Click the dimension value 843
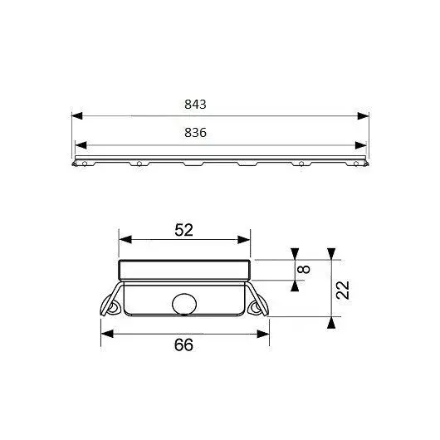pyautogui.click(x=195, y=105)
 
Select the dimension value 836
pyautogui.click(x=195, y=133)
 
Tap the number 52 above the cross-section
pyautogui.click(x=183, y=230)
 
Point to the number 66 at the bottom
pyautogui.click(x=183, y=345)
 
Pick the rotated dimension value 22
pyautogui.click(x=343, y=290)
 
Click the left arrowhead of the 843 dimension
pyautogui.click(x=77, y=115)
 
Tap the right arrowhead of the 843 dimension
pyautogui.click(x=363, y=115)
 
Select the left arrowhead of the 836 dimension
pyautogui.click(x=81, y=145)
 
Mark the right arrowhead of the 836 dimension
pyautogui.click(x=361, y=145)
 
